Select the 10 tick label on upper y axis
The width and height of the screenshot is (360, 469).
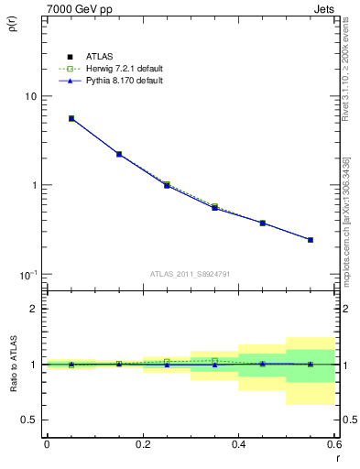pyautogui.click(x=31, y=96)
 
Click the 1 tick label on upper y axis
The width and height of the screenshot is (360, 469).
pyautogui.click(x=34, y=185)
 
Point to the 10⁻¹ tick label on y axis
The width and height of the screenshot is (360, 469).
pyautogui.click(x=28, y=274)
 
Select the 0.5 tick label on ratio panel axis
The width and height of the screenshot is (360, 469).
pyautogui.click(x=29, y=420)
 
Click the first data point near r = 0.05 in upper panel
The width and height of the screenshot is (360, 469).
pyautogui.click(x=71, y=118)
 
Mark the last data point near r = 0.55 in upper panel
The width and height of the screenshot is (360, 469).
pyautogui.click(x=311, y=240)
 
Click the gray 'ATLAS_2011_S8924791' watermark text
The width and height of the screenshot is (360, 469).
pyautogui.click(x=191, y=273)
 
